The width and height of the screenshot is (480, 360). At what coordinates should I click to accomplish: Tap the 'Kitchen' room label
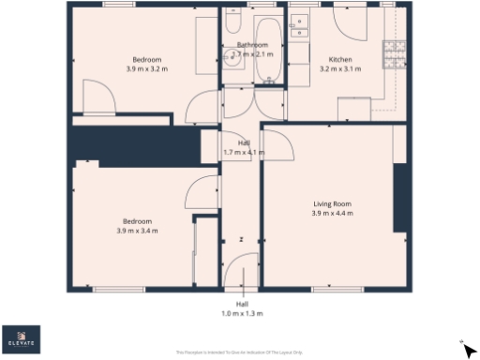click(x=338, y=59)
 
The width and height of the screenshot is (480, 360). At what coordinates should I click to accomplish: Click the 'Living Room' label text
click(x=332, y=203)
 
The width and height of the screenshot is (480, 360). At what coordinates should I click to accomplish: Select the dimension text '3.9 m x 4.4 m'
click(x=332, y=213)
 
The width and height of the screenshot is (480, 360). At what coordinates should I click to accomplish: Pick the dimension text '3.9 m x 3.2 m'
click(x=147, y=68)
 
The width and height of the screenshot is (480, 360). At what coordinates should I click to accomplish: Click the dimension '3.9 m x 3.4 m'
click(x=137, y=231)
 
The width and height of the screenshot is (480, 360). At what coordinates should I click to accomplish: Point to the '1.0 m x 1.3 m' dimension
click(x=242, y=313)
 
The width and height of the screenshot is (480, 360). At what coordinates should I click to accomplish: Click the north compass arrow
click(x=469, y=349)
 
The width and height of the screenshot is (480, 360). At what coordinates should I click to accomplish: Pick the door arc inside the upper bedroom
click(x=97, y=97)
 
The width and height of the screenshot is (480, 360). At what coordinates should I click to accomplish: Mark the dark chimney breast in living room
click(x=400, y=198)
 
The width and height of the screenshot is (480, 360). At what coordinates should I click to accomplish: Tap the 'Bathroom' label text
click(x=252, y=45)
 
